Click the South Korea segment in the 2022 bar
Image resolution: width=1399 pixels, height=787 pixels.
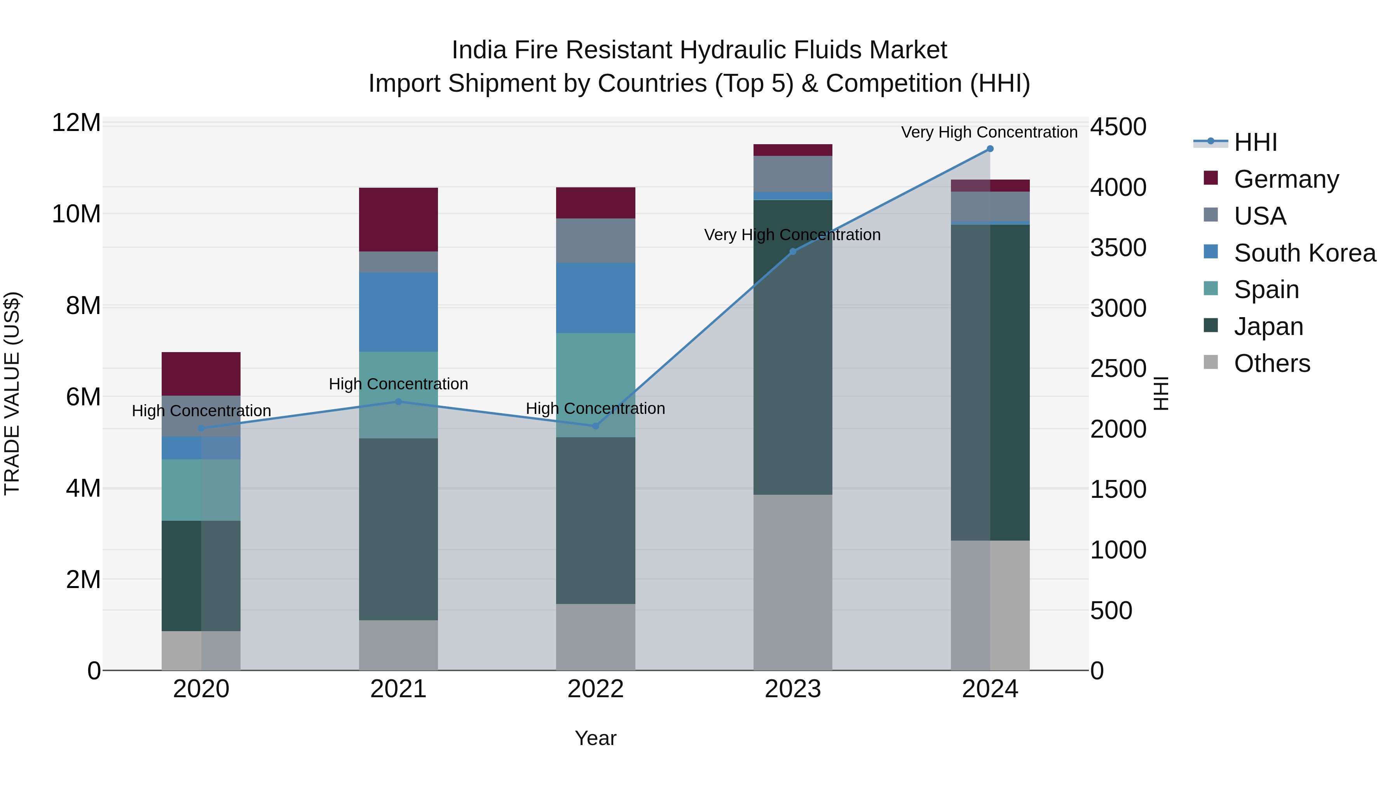595,298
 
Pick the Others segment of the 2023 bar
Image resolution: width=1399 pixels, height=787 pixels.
792,582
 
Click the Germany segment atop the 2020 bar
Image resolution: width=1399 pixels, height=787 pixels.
201,373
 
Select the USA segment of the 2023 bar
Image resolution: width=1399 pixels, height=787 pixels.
792,174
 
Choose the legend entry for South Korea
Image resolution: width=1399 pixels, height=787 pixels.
1305,253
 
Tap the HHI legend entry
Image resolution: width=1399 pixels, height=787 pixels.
1255,142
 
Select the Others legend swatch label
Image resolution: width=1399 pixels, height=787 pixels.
1272,363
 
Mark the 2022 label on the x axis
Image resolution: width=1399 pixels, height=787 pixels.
595,689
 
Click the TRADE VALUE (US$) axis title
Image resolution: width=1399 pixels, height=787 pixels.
12,393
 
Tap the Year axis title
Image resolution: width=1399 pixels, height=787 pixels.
595,738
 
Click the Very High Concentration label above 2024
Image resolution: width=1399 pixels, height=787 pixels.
989,132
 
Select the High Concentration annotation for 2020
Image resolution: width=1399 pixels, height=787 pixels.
201,411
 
